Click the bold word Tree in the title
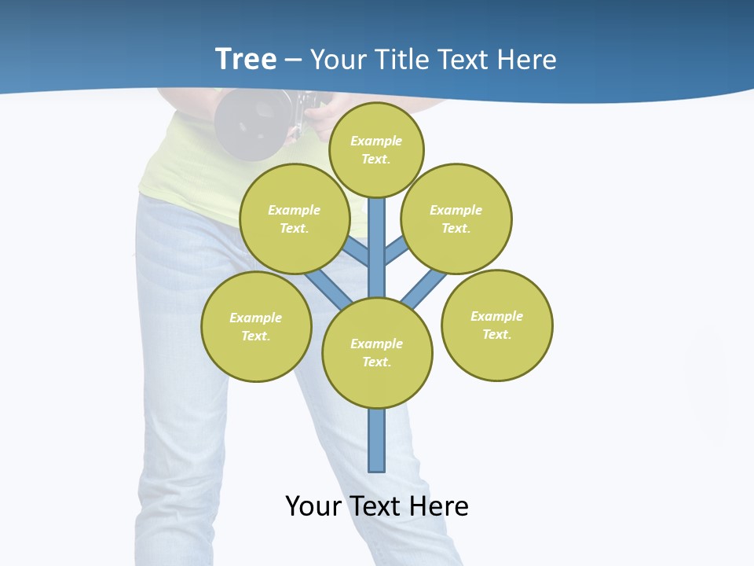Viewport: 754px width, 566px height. tap(246, 60)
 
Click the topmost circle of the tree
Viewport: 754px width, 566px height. tap(376, 149)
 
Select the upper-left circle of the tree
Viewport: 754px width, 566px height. tap(294, 219)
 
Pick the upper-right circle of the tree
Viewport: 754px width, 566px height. tap(456, 219)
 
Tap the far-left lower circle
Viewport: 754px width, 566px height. tap(256, 326)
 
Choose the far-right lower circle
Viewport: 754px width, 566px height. tap(497, 325)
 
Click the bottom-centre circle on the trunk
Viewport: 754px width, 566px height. tap(377, 353)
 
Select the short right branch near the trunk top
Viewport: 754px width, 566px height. tap(396, 251)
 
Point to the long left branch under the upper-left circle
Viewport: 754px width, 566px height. tap(328, 287)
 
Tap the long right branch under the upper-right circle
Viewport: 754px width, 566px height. tap(424, 288)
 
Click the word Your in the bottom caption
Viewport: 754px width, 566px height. tap(313, 506)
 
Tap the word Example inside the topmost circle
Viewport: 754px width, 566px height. tap(376, 141)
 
